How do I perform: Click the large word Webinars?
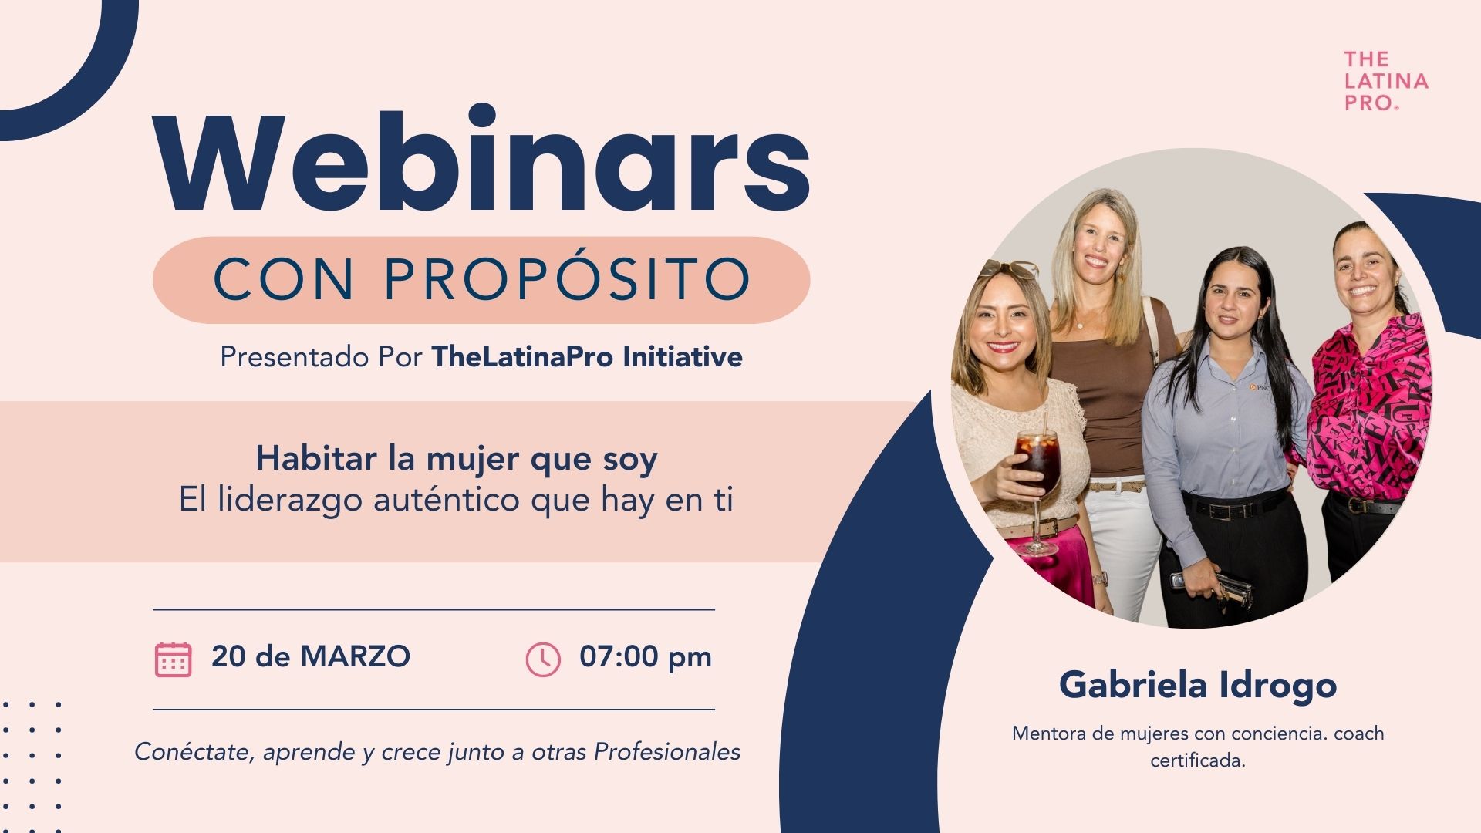click(481, 160)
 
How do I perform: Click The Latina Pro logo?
click(1386, 81)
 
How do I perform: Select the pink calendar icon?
click(173, 659)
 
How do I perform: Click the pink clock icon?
click(543, 659)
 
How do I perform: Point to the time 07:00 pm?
click(646, 657)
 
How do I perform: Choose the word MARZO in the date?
click(356, 656)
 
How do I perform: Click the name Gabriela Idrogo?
click(1198, 685)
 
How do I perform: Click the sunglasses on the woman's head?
click(1007, 268)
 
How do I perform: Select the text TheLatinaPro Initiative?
click(587, 357)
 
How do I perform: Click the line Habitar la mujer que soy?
click(457, 459)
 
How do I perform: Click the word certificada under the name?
click(1198, 760)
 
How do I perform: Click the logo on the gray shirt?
click(1259, 386)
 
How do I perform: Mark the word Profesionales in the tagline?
click(667, 751)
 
